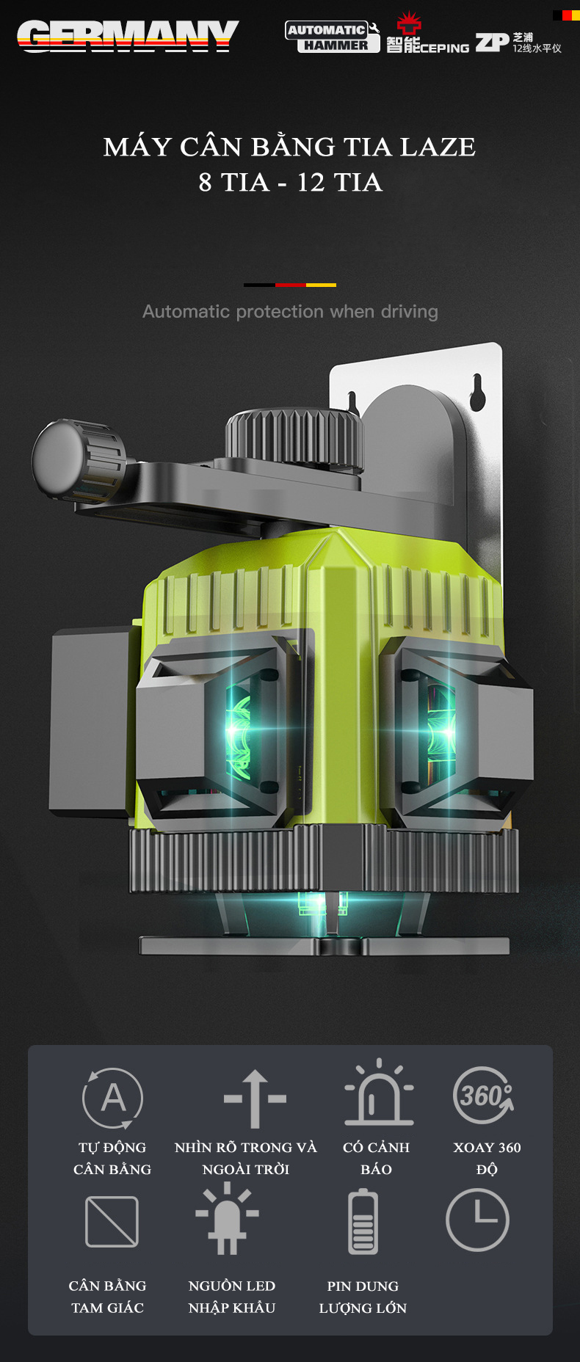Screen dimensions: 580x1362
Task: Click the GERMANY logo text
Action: point(128,35)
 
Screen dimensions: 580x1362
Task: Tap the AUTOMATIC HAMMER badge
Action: point(333,37)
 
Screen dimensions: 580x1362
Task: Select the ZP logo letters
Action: point(492,43)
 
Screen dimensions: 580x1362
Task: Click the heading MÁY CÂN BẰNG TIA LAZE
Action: point(289,146)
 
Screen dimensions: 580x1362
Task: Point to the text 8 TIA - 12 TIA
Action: point(290,182)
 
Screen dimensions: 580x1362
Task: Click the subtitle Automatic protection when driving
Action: point(290,312)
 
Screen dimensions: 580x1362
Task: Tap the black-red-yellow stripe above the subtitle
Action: point(290,285)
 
